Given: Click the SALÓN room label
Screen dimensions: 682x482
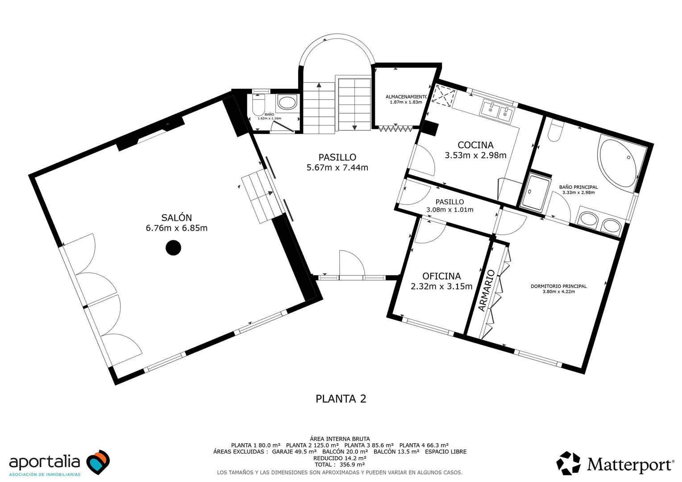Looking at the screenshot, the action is [177, 218].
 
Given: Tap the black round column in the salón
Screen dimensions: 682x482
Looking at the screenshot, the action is [173, 248].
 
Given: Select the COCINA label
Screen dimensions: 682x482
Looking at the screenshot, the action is [475, 145].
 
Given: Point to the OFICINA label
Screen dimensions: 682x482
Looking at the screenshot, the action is [441, 276].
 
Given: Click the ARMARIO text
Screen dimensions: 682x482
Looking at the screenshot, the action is [486, 291].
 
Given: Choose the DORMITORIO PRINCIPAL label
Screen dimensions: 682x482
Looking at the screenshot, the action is [559, 286].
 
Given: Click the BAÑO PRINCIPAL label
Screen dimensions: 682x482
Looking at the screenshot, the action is [578, 187].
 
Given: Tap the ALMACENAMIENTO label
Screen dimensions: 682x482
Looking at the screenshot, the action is [406, 97].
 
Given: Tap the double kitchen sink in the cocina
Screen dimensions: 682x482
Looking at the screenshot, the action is [497, 112].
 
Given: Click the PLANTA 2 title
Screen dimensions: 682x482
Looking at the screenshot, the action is [341, 399].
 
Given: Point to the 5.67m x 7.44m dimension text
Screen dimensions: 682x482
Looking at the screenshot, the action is [337, 167].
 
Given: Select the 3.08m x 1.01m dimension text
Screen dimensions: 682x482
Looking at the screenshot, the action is [450, 209].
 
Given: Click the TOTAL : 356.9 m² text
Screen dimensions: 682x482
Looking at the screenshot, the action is [340, 465].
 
